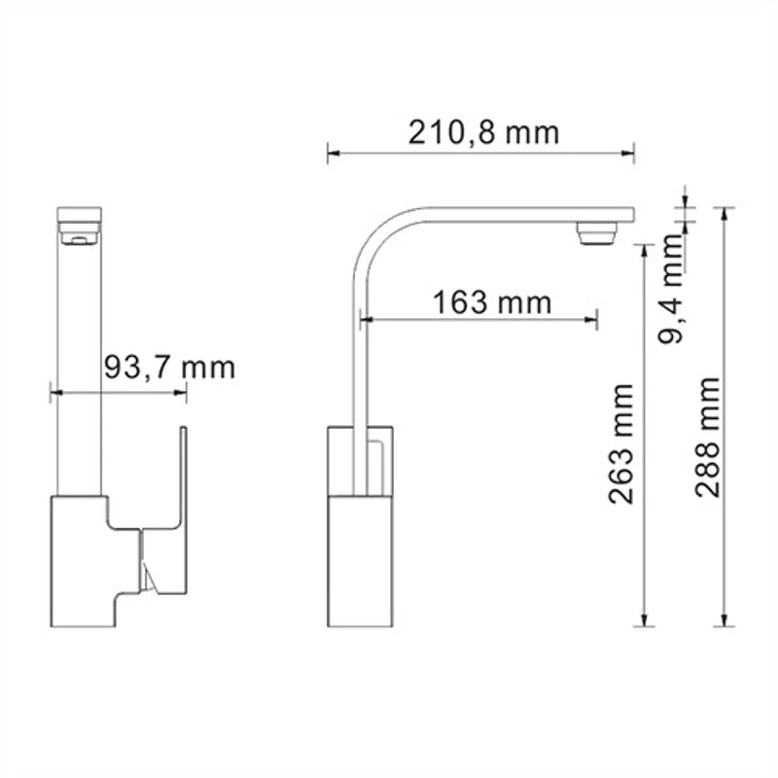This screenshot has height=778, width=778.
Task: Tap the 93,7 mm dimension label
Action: (168, 368)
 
